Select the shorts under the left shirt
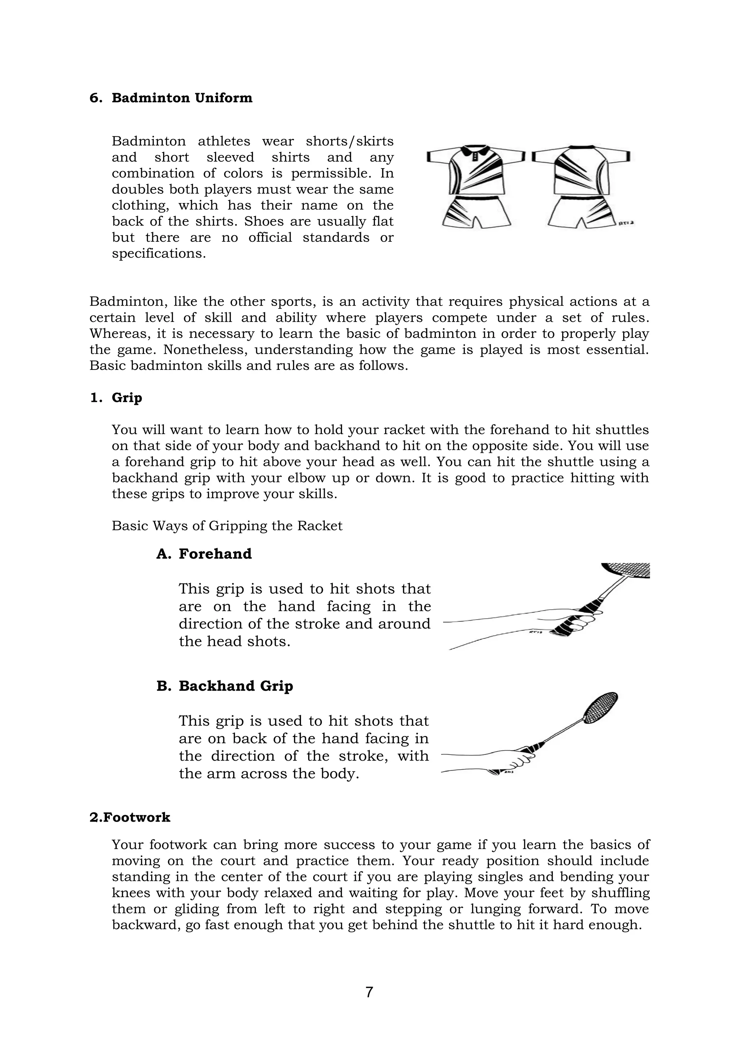pos(476,212)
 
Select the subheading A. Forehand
pos(204,554)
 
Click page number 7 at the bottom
pos(369,992)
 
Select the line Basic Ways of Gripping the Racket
pos(227,526)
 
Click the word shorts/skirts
pos(350,141)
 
